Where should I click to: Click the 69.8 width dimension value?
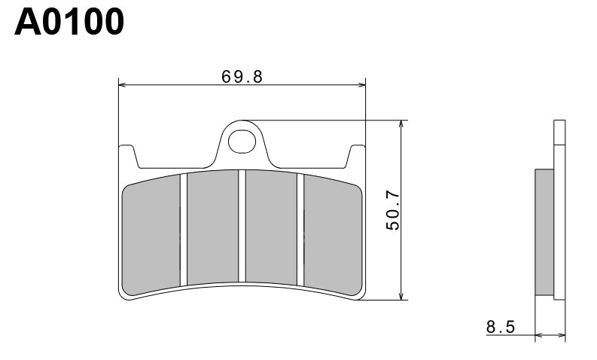pyautogui.click(x=242, y=77)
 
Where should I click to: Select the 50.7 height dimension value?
pyautogui.click(x=391, y=210)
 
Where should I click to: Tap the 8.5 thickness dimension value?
pyautogui.click(x=501, y=327)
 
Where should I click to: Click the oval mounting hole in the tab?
pyautogui.click(x=242, y=140)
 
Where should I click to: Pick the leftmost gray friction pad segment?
pyautogui.click(x=151, y=233)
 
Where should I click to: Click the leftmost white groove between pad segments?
pyautogui.click(x=183, y=230)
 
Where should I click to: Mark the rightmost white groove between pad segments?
pyautogui.click(x=300, y=230)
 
